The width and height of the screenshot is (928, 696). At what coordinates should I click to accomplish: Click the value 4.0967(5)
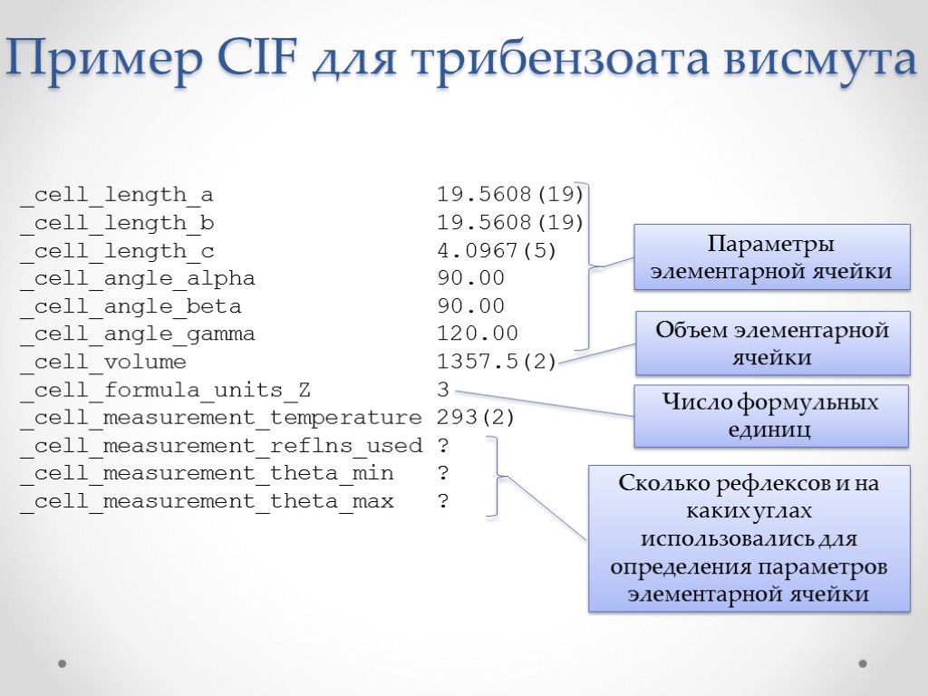pos(497,251)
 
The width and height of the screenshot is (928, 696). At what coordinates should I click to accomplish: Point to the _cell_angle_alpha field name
pos(137,278)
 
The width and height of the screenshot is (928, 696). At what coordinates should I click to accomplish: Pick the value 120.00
pos(478,334)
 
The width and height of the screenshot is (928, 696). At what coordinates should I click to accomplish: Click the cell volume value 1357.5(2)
pos(497,362)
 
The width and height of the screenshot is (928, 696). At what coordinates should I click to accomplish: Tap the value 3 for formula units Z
pos(443,391)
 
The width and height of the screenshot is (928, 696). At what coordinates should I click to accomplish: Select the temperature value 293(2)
pos(476,418)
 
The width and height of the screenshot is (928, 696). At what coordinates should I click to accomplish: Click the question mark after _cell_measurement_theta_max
pos(443,501)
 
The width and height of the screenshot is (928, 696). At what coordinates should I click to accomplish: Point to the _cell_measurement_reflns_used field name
pos(221,446)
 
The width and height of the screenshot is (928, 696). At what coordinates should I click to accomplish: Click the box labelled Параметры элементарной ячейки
pos(771,257)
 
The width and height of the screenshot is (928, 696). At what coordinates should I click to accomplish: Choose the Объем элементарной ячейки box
pos(772,343)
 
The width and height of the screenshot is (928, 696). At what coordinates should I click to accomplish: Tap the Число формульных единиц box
pos(770,415)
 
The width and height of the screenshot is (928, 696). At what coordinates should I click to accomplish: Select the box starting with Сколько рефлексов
pos(749,538)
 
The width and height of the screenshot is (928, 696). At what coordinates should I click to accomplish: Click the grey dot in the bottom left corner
pos(63,663)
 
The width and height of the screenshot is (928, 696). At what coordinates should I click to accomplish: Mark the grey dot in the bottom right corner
pos(863,663)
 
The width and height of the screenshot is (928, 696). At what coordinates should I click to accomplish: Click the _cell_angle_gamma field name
pos(137,334)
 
